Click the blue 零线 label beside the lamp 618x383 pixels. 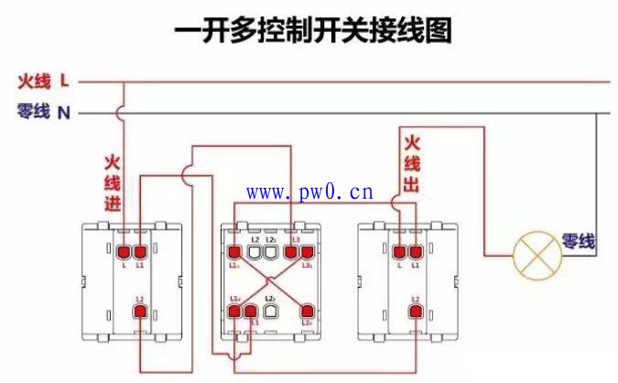point(579,242)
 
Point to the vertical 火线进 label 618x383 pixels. point(112,182)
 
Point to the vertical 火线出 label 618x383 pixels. point(411,166)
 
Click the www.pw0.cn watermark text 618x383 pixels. point(309,192)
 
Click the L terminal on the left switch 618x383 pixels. point(124,251)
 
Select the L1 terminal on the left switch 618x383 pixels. point(140,251)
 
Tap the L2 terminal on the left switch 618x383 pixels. point(140,312)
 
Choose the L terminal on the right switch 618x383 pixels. point(399,251)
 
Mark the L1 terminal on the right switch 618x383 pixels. point(416,251)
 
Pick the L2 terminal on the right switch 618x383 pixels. point(416,312)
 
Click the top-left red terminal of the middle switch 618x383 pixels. point(235,250)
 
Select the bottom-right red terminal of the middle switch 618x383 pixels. point(307,310)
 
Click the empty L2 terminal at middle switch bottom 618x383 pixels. point(270,310)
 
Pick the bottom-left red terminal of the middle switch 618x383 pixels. point(235,310)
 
